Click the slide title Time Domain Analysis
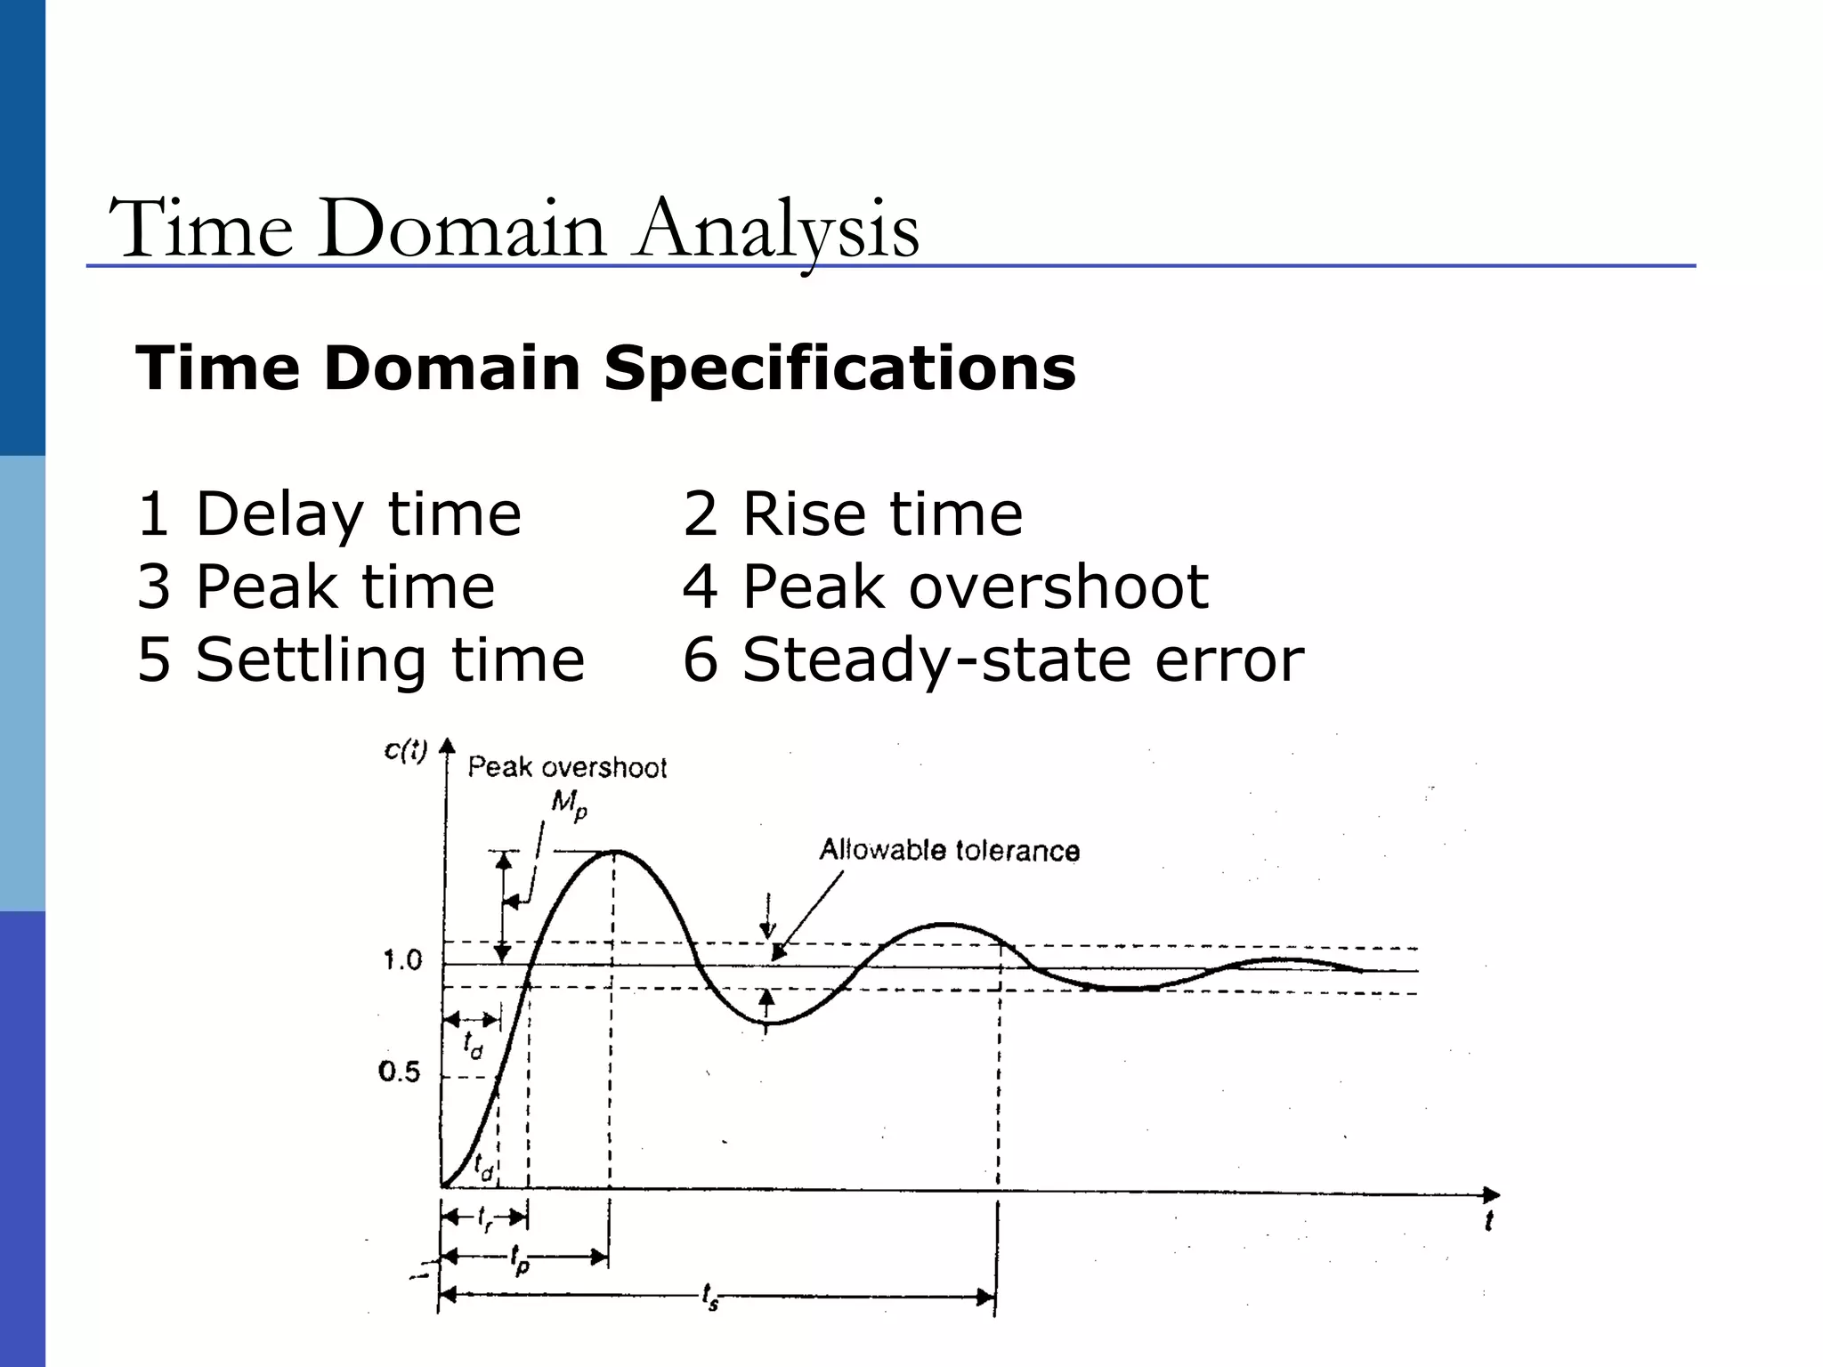[514, 230]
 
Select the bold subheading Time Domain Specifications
[605, 368]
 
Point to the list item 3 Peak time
[315, 587]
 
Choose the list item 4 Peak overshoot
[944, 587]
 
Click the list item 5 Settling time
[361, 660]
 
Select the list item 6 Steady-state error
[993, 660]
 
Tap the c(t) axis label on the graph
[406, 751]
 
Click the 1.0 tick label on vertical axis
[401, 960]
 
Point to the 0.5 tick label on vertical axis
[399, 1072]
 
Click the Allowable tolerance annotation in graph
[949, 851]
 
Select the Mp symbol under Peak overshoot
[569, 805]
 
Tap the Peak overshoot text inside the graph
[567, 767]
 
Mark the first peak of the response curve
[614, 852]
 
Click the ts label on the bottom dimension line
[709, 1298]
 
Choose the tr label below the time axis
[485, 1218]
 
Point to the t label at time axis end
[1487, 1221]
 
